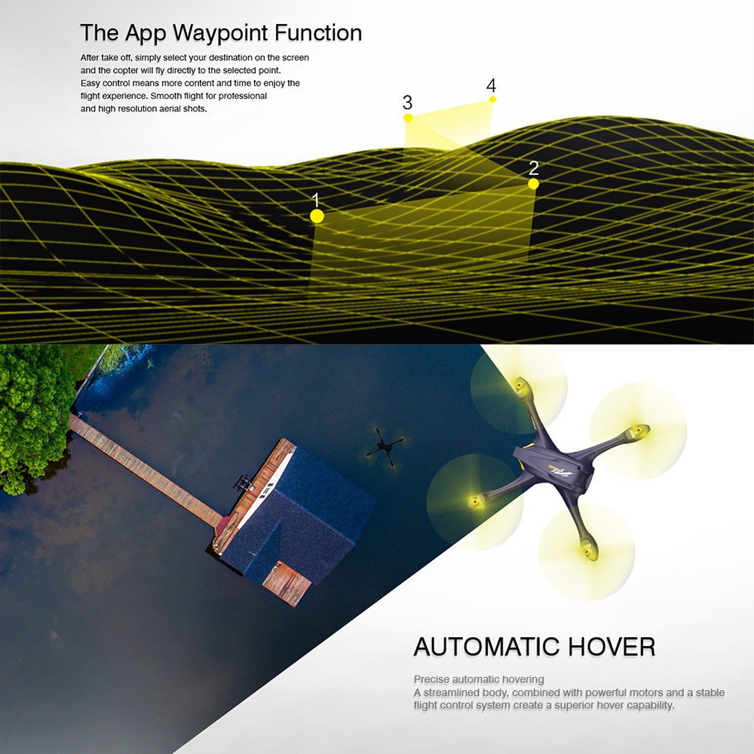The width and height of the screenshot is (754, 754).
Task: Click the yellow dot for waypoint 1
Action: pos(317,216)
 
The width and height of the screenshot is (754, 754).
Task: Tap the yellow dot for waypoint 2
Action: pos(533,184)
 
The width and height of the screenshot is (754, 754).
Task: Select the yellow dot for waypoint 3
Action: pos(408,118)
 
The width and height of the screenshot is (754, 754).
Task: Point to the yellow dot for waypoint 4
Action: pos(492,100)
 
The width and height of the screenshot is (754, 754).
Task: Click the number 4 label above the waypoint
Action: pos(491,86)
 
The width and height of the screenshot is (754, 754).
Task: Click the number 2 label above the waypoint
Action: pos(533,168)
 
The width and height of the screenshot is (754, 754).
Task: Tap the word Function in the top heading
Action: pos(318,33)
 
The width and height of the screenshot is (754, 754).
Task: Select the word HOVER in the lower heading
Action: pos(611,647)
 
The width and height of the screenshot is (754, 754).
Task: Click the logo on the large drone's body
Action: pos(560,471)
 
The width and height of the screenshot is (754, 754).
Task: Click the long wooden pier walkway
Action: pos(144,469)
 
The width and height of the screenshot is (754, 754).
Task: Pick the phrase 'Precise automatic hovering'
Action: pos(479,679)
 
